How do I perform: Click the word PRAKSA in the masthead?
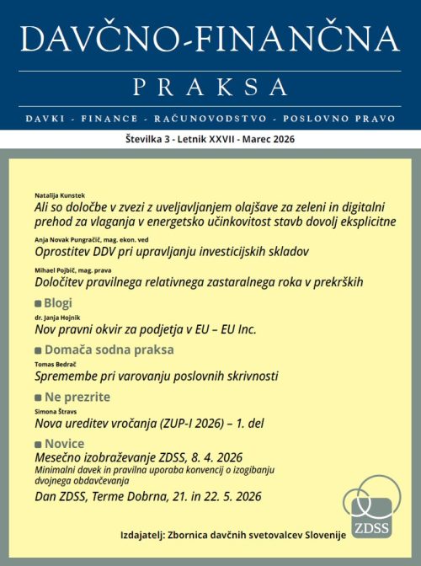coord(210,85)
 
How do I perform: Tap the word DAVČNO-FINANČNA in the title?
coord(210,39)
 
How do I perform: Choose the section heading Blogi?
coord(57,302)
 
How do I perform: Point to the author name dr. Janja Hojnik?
coord(57,318)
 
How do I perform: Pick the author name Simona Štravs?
coord(56,410)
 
